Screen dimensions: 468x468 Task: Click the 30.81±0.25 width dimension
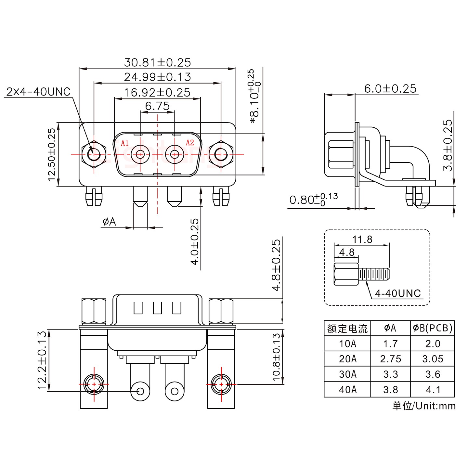(158, 62)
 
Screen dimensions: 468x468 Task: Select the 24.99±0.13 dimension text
(158, 77)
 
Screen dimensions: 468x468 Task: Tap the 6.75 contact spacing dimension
(157, 106)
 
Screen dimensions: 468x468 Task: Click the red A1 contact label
(125, 143)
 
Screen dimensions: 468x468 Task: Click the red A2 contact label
(190, 143)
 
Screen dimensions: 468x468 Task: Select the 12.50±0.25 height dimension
(52, 154)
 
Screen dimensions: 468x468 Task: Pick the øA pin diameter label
(109, 222)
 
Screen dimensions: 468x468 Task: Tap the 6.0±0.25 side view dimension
(390, 88)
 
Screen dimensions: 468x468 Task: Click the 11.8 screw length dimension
(362, 240)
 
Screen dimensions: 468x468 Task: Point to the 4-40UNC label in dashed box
(398, 293)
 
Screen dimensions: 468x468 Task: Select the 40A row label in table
(347, 389)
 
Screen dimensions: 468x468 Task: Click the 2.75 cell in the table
(390, 359)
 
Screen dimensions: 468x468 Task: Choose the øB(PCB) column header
(433, 328)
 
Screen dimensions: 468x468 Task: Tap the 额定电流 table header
(347, 329)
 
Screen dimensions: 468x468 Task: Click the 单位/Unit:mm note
(424, 406)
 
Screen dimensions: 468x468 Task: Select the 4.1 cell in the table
(433, 389)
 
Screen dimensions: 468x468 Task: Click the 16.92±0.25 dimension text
(157, 93)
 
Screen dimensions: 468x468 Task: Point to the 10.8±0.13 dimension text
(276, 357)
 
